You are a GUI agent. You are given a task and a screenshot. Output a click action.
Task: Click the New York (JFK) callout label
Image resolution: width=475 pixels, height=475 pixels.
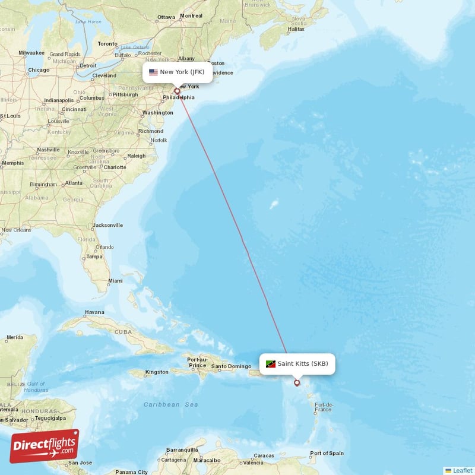click(176, 72)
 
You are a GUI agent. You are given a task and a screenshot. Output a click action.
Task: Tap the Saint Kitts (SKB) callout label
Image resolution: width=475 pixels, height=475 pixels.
click(297, 363)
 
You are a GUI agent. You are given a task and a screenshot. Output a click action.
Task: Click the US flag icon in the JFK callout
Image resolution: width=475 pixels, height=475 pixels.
click(153, 72)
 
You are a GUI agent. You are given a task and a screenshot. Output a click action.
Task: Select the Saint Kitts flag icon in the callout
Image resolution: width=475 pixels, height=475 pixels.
click(271, 364)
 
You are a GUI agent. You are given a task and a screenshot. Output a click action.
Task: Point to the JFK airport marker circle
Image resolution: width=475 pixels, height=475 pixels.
click(176, 91)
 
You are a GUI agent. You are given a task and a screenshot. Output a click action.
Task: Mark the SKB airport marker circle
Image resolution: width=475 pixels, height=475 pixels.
click(297, 383)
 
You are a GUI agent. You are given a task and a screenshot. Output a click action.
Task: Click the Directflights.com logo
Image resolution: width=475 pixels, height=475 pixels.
click(45, 445)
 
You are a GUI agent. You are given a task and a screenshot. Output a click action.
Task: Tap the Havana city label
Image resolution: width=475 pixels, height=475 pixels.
click(94, 312)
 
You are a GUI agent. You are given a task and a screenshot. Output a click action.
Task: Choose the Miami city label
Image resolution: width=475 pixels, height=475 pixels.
click(115, 280)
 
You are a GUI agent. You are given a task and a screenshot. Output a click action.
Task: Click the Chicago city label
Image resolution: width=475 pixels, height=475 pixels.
click(38, 70)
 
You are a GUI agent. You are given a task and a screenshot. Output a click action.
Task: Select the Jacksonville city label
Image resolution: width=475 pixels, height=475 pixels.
click(107, 226)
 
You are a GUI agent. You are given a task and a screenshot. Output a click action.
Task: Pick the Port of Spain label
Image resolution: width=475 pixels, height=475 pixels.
click(327, 454)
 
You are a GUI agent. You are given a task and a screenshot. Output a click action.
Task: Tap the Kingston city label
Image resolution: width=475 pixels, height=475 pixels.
click(157, 372)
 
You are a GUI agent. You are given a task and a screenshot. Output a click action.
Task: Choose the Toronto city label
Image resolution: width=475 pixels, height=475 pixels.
click(107, 44)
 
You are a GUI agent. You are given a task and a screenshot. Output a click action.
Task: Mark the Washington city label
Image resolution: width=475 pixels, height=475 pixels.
click(157, 112)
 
